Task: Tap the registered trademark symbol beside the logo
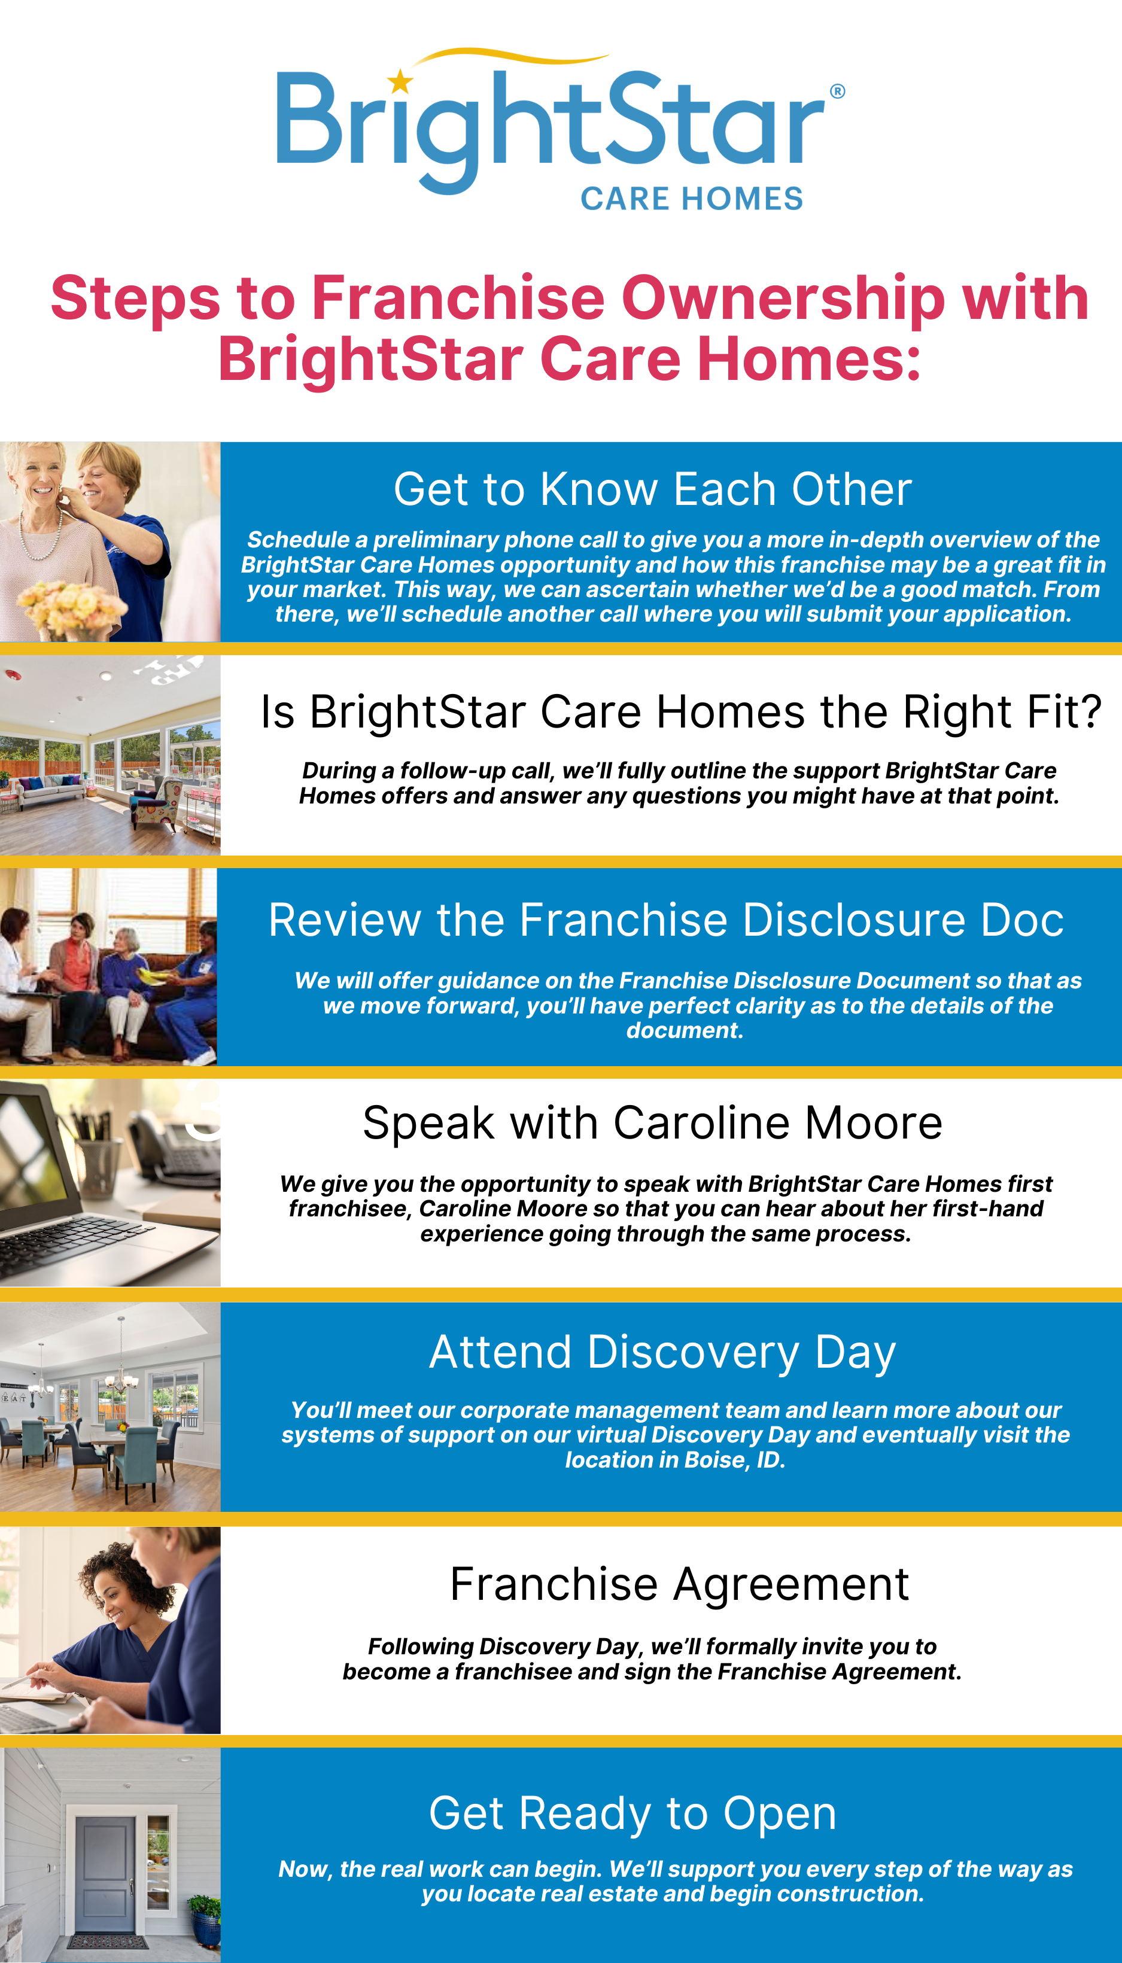coord(837,91)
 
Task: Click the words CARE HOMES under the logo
coord(691,199)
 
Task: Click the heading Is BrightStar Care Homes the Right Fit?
coord(681,711)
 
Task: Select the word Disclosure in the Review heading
coord(854,920)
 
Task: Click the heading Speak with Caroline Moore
coord(653,1122)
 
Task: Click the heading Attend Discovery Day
coord(662,1353)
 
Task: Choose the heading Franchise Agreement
coord(680,1585)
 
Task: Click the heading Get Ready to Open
coord(633,1813)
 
